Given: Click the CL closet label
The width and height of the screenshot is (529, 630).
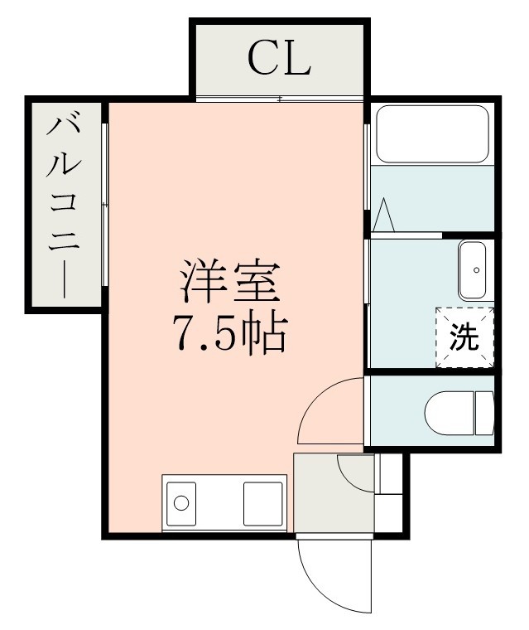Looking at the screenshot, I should [x=278, y=58].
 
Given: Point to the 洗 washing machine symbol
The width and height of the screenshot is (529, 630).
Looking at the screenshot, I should [x=464, y=337].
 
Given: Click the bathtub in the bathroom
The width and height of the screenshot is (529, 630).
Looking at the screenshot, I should [x=431, y=134].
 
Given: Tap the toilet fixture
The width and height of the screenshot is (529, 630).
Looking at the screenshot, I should [x=458, y=412].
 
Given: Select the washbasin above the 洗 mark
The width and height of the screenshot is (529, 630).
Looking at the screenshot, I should [x=476, y=270].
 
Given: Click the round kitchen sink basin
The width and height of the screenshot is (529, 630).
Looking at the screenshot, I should [x=181, y=502].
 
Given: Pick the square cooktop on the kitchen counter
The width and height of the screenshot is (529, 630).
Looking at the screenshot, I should [x=263, y=502].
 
